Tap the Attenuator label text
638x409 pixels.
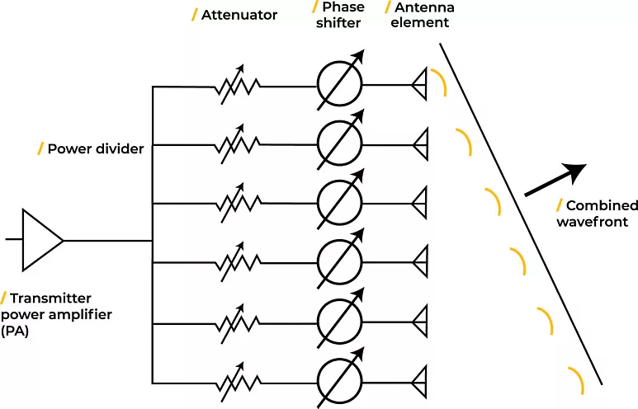[239, 14]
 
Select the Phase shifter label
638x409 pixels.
[338, 15]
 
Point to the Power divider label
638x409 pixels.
[95, 149]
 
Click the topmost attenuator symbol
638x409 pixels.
[239, 85]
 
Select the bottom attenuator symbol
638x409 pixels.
[239, 382]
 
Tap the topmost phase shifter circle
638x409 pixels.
[339, 85]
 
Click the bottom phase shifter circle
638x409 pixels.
[339, 382]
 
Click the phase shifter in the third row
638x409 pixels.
[339, 204]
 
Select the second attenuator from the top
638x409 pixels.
[239, 144]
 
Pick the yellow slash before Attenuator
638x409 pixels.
[195, 14]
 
